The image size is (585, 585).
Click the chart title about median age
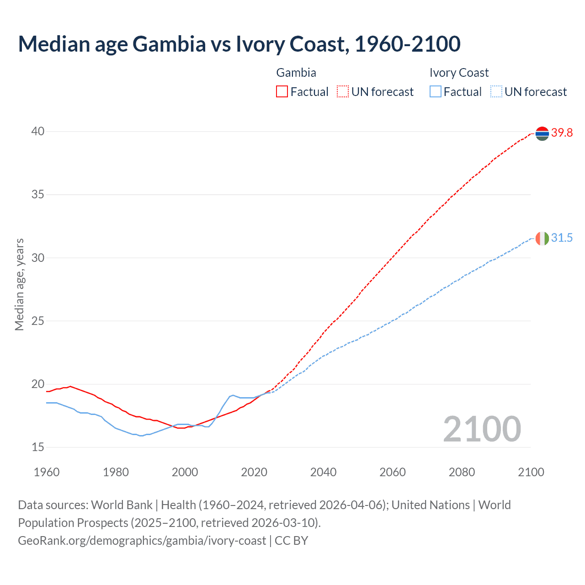[x=239, y=44]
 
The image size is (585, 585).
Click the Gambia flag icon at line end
[x=542, y=133]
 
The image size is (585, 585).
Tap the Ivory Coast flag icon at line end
[x=542, y=238]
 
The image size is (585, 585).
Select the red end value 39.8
[x=562, y=133]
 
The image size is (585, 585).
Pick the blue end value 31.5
[x=562, y=238]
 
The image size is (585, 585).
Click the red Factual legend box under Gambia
[x=282, y=92]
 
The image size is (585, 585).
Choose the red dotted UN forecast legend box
[x=343, y=92]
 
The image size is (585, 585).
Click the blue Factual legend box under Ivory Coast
[x=436, y=92]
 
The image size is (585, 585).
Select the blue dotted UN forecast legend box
[x=496, y=92]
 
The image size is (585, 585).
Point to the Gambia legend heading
[x=296, y=73]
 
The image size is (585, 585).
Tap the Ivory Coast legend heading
[x=459, y=73]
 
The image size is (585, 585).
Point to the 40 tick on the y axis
[x=38, y=131]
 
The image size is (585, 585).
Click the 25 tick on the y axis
[x=38, y=321]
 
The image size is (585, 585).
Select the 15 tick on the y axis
[x=38, y=447]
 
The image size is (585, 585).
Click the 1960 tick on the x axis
[x=47, y=472]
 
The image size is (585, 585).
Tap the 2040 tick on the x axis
[x=323, y=472]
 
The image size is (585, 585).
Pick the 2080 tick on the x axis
[x=462, y=472]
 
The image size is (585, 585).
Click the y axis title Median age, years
[x=19, y=284]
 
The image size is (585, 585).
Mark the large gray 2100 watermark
[x=482, y=429]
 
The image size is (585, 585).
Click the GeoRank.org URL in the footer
[x=142, y=541]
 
